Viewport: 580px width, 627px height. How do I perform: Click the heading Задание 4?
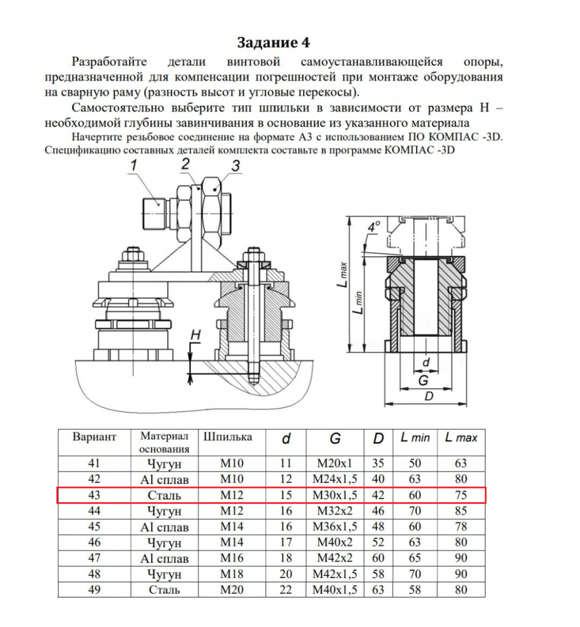tap(273, 43)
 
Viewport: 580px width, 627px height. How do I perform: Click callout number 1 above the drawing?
tap(133, 166)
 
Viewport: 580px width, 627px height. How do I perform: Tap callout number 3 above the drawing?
tap(236, 166)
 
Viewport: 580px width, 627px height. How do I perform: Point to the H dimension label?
tap(195, 335)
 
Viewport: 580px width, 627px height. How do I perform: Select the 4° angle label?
tap(374, 227)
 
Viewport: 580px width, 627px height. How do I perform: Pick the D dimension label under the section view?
tap(428, 396)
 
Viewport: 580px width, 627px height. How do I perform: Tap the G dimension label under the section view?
tap(423, 381)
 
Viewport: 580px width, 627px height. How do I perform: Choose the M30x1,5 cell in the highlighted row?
tap(335, 495)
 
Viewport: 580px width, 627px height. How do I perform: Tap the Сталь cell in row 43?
tap(165, 495)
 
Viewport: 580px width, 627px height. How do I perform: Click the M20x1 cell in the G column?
tap(335, 464)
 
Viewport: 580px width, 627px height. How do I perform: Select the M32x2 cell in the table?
tap(335, 511)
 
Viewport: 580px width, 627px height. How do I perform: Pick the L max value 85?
tap(461, 511)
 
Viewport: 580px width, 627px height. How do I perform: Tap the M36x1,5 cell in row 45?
tap(335, 527)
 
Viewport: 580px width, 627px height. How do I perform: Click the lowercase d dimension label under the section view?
tap(426, 362)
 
